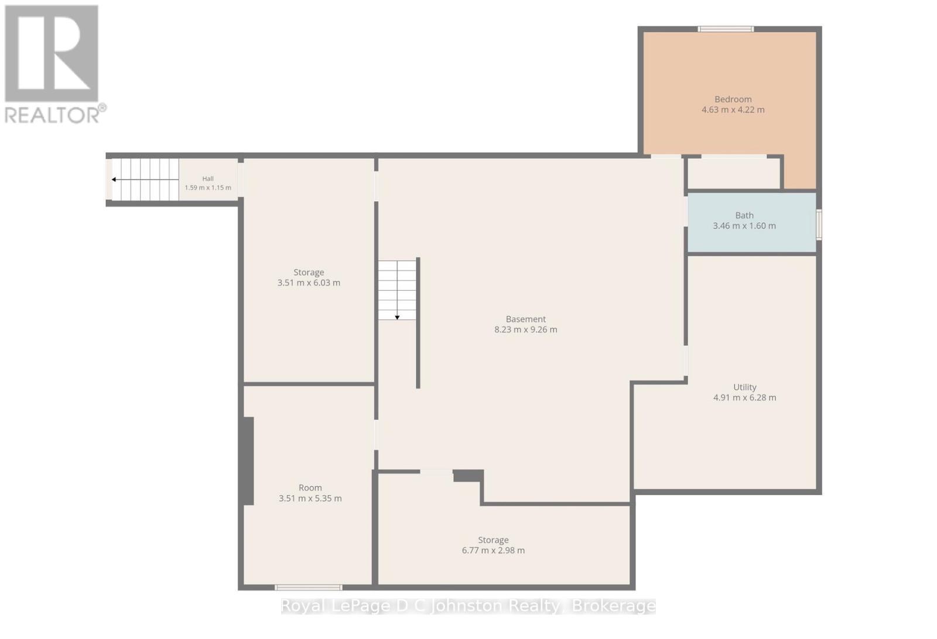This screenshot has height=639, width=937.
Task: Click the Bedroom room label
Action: pos(733,99)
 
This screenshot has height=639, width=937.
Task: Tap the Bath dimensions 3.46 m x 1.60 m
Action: pos(744,226)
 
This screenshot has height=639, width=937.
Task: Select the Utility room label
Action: pos(744,387)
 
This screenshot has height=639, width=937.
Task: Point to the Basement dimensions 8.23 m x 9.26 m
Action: pos(525,329)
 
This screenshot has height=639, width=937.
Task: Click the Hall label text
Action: pos(208,178)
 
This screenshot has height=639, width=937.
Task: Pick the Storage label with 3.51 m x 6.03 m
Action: pos(309,273)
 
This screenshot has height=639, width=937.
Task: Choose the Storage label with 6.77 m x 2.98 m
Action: pos(493,540)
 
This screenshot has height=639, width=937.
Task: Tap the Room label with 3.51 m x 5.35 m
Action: pos(310,487)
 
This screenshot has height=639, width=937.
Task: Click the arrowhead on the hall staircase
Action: pos(114,180)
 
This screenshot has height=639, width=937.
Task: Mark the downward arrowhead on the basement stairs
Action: pos(397,318)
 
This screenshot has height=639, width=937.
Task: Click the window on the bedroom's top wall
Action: pos(726,29)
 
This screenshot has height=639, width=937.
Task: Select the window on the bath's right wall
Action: pos(819,225)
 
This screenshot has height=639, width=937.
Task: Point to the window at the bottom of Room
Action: pos(308,587)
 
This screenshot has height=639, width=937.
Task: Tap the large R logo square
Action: pos(52,53)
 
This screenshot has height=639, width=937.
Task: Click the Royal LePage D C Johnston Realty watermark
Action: pos(468,606)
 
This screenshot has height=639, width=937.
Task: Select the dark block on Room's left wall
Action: pos(247,461)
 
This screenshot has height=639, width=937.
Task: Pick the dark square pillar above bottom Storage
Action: pos(468,476)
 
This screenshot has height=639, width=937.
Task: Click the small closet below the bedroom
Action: pos(733,173)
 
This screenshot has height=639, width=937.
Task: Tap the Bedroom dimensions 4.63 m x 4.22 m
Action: pos(733,110)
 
